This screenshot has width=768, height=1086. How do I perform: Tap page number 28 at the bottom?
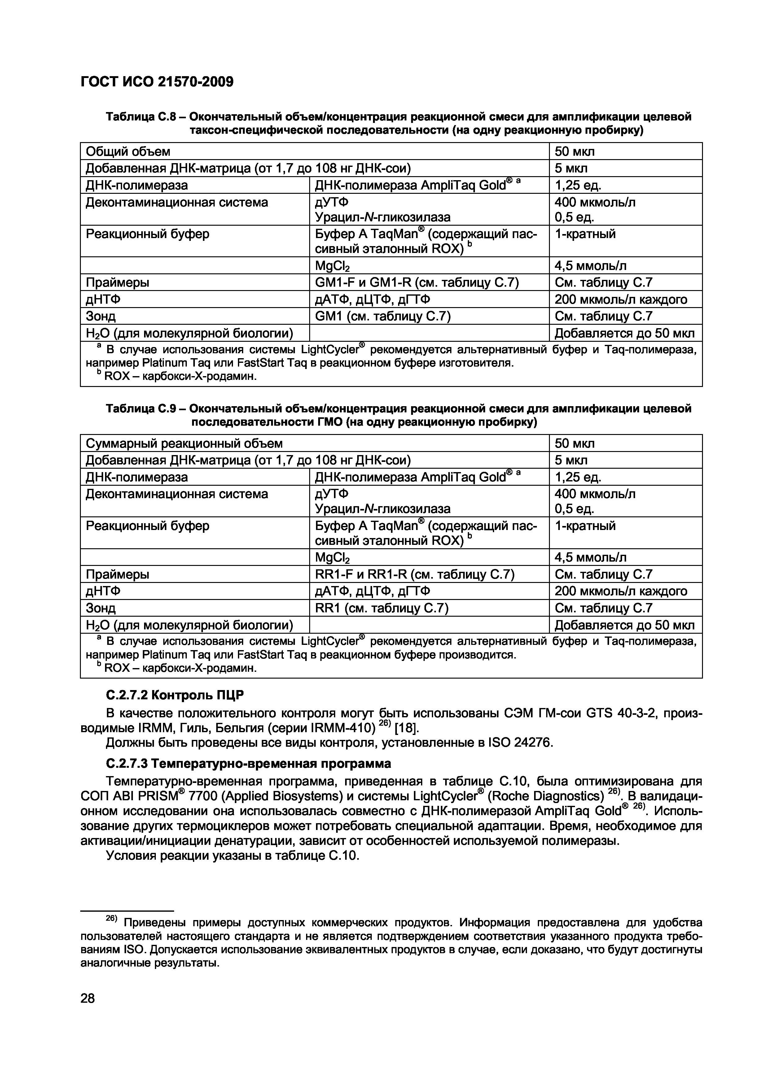pyautogui.click(x=88, y=998)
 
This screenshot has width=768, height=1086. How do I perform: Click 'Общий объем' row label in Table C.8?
pyautogui.click(x=128, y=151)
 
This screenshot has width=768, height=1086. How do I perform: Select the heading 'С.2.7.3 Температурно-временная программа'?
pyautogui.click(x=248, y=763)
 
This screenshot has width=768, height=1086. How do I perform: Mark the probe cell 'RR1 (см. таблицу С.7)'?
pyautogui.click(x=381, y=608)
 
